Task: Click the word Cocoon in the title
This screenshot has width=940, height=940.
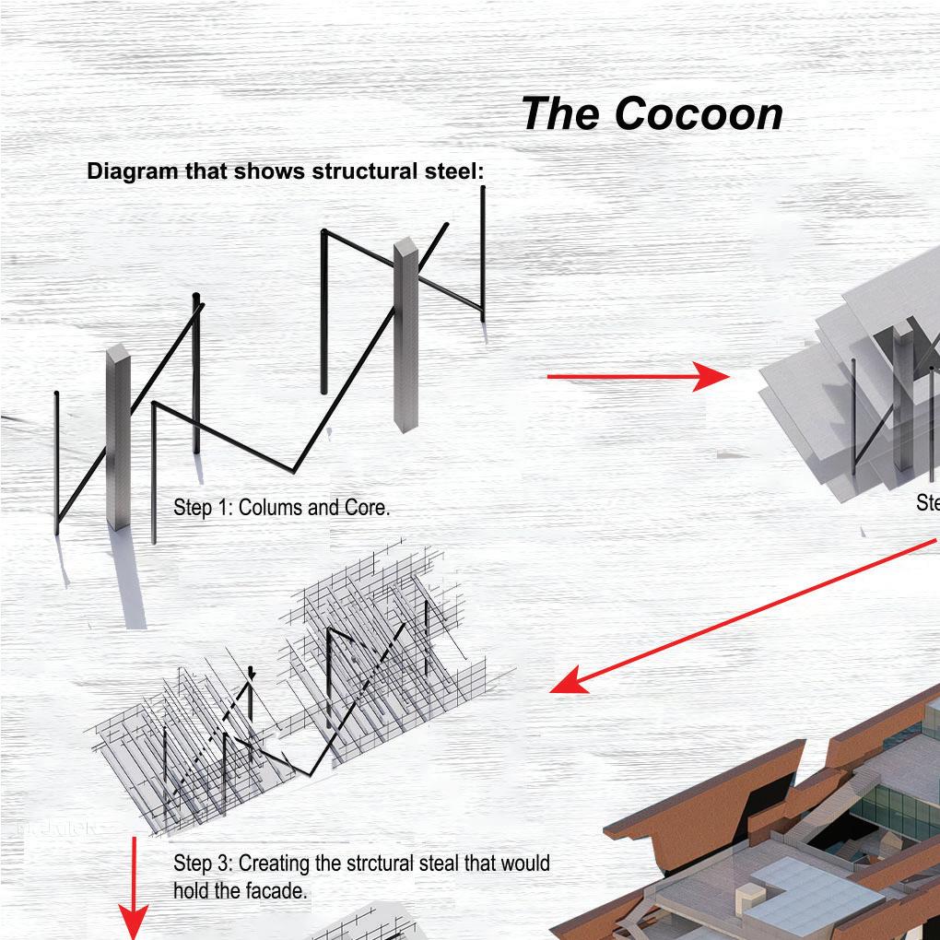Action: click(x=699, y=114)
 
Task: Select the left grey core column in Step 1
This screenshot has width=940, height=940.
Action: click(x=118, y=438)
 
